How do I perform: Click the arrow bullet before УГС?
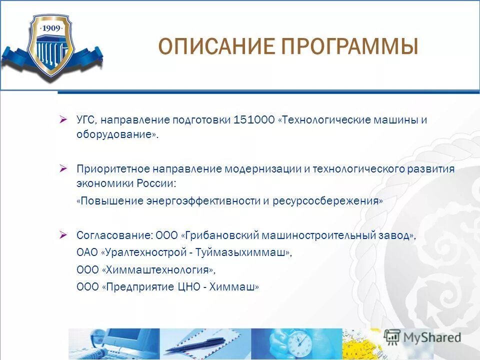pyautogui.click(x=63, y=119)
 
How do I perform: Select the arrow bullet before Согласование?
pyautogui.click(x=63, y=234)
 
